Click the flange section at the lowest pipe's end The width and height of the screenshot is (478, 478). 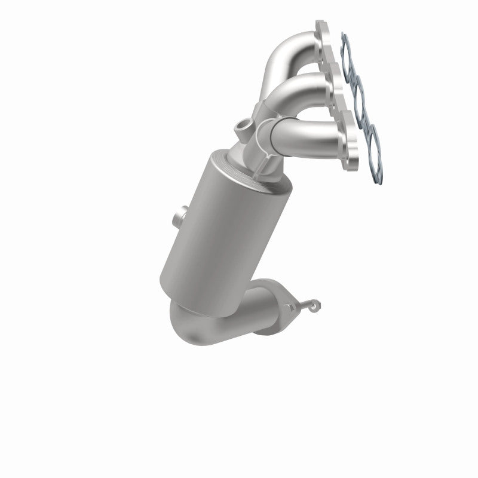click(350, 143)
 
